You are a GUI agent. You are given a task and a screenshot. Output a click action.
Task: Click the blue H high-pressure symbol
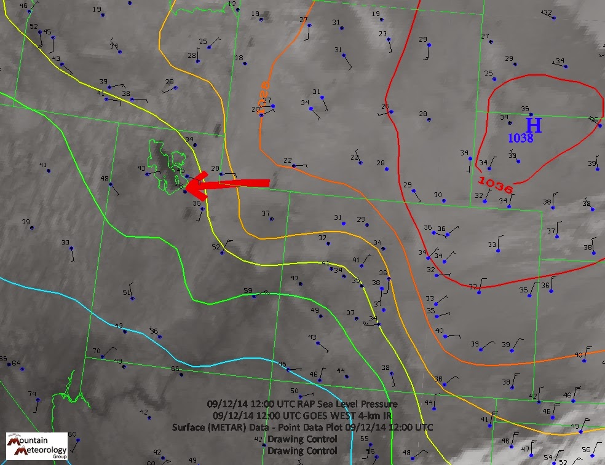pyautogui.click(x=534, y=125)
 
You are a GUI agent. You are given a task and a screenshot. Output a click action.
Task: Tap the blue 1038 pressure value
pyautogui.click(x=520, y=139)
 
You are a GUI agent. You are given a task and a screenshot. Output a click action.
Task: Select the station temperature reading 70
pyautogui.click(x=97, y=351)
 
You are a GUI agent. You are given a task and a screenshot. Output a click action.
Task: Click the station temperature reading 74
pyautogui.click(x=32, y=394)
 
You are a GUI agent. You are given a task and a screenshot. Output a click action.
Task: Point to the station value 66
pyautogui.click(x=175, y=369)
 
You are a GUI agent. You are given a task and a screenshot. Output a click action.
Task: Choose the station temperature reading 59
pyautogui.click(x=248, y=291)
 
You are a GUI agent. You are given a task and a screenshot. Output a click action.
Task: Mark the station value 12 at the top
pyautogui.click(x=232, y=4)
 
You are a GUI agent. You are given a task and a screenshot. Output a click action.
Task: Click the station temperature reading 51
pyautogui.click(x=127, y=292)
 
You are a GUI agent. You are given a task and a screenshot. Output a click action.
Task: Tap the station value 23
pyautogui.click(x=382, y=34)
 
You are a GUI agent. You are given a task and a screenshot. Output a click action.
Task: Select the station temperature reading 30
pyautogui.click(x=438, y=195)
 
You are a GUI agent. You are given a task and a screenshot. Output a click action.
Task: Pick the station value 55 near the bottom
pyautogui.click(x=365, y=439)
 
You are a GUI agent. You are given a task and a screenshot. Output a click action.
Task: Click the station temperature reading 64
pyautogui.click(x=16, y=362)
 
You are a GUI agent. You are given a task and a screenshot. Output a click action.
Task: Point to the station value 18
pyautogui.click(x=239, y=58)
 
